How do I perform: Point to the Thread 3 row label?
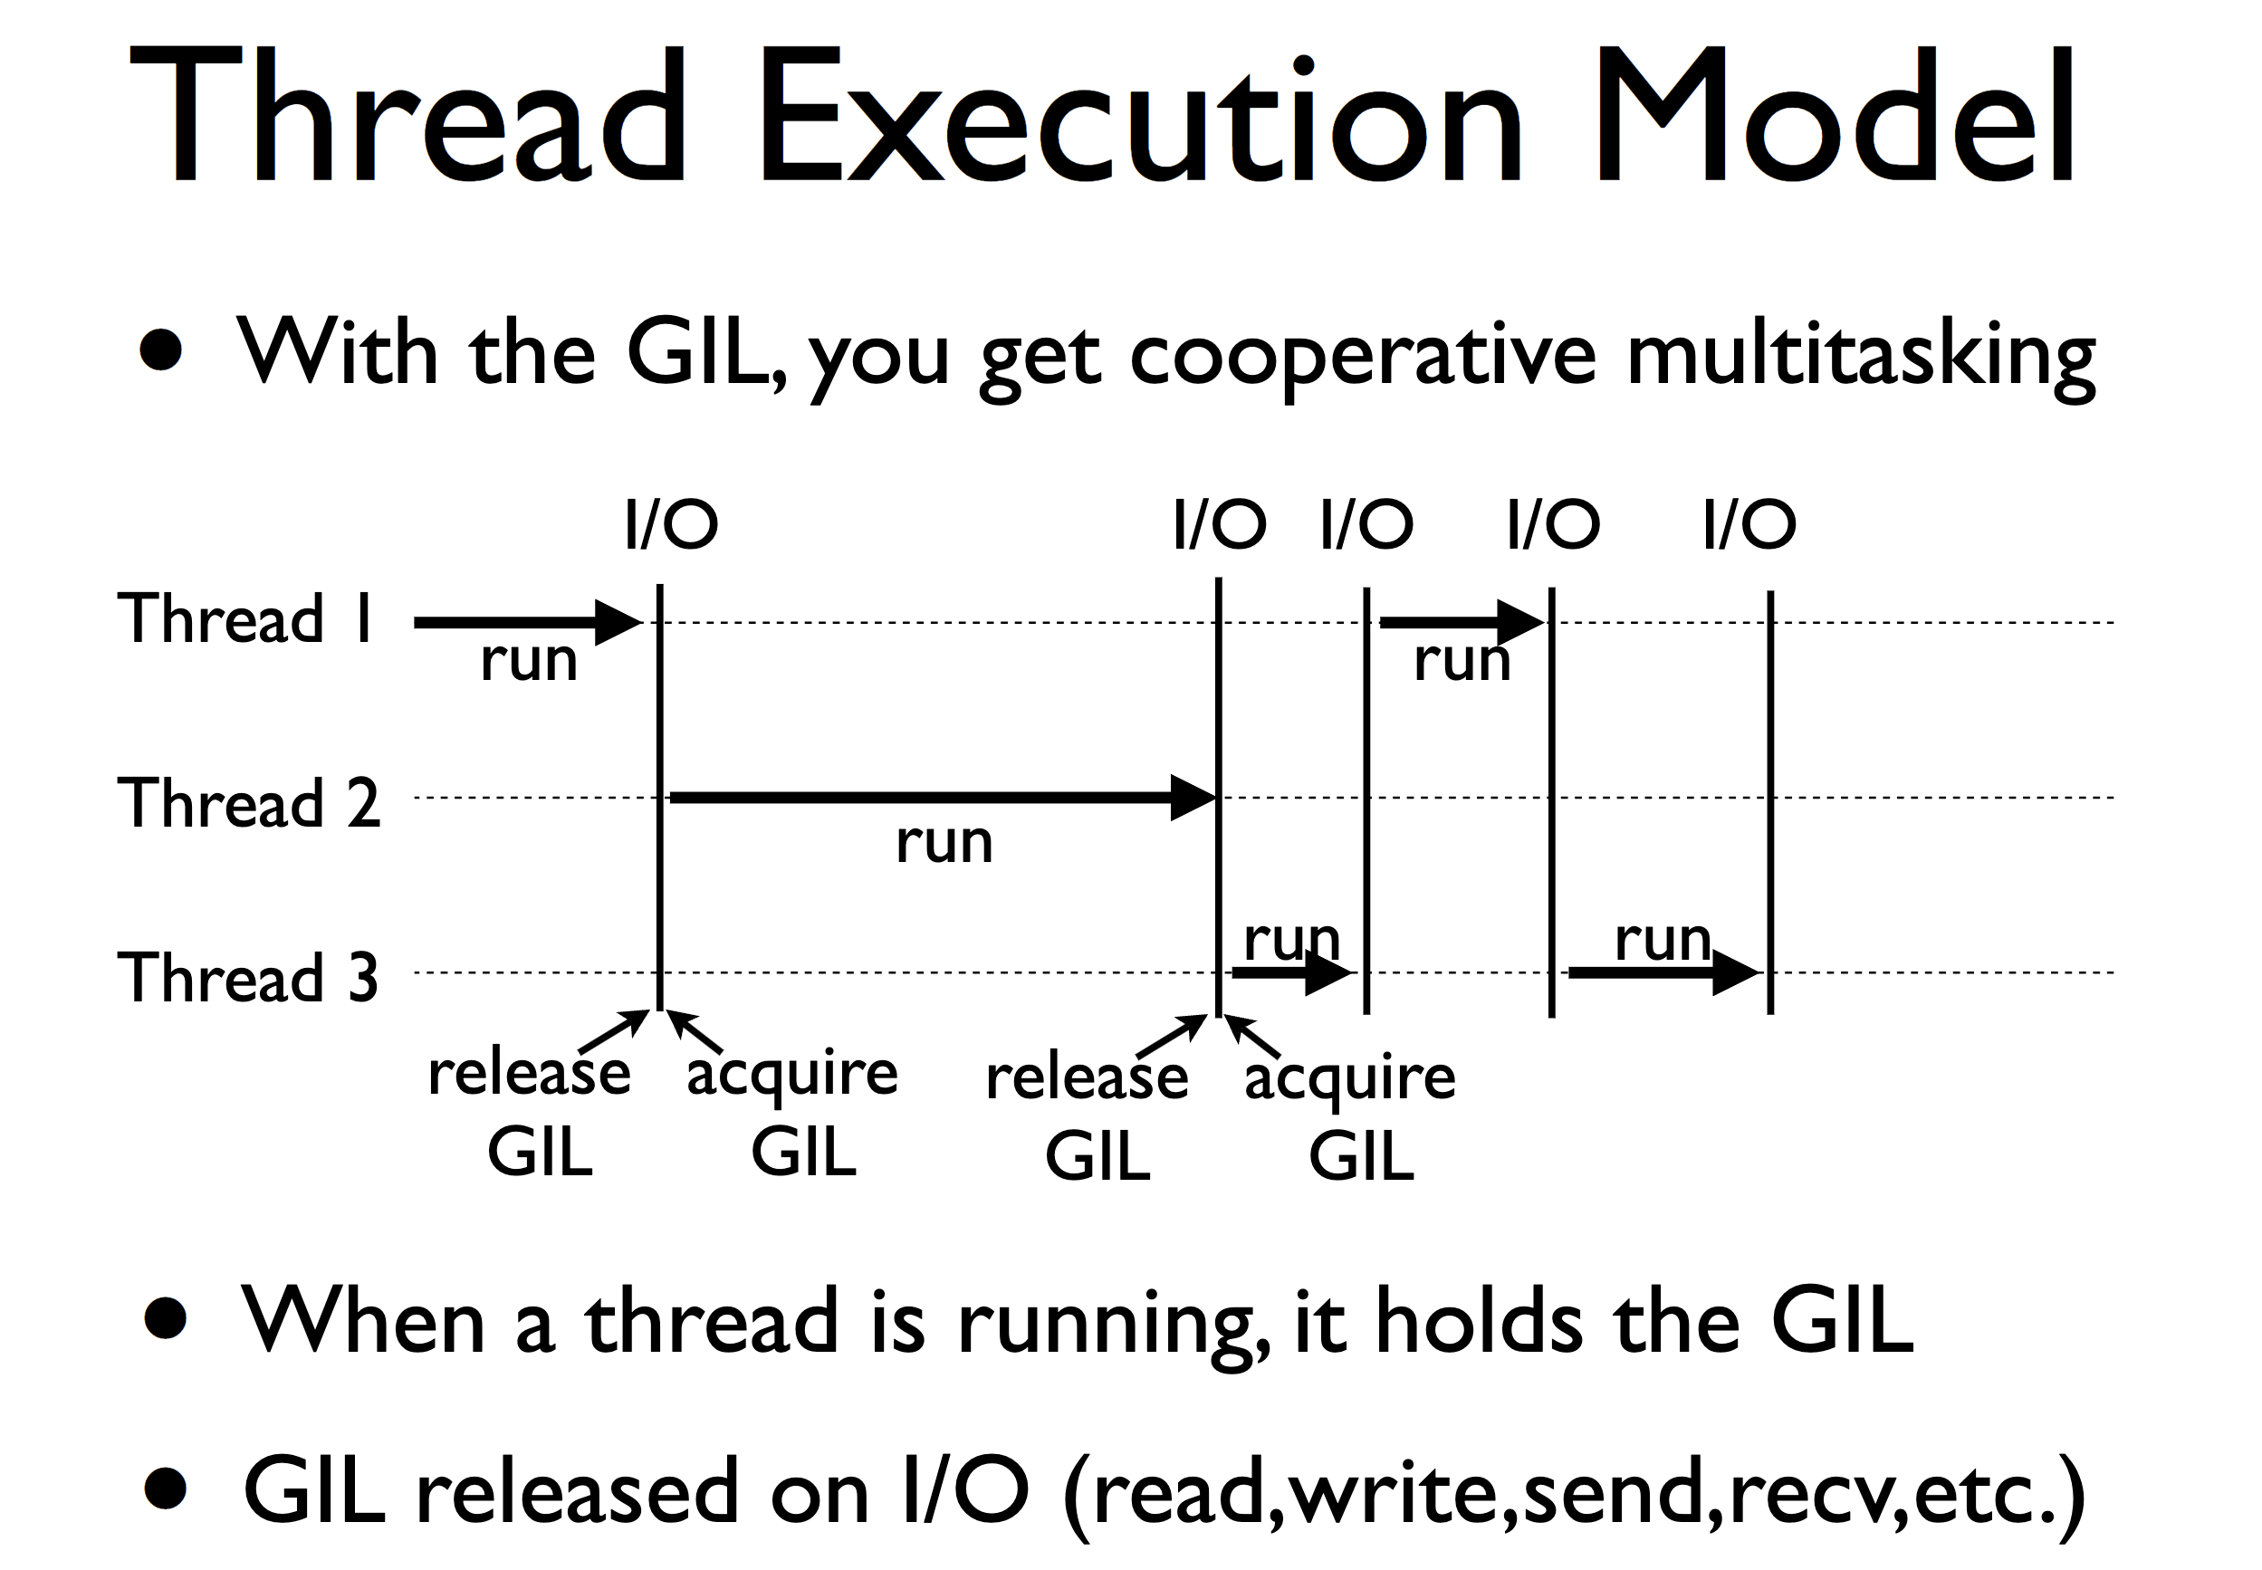(247, 977)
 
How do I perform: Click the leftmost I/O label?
(672, 523)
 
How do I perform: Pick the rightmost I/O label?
(1749, 523)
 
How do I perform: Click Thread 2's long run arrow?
(943, 797)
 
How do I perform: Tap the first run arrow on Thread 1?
(528, 622)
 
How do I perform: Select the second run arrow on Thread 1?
(1462, 622)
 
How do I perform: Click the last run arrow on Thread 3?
(1663, 973)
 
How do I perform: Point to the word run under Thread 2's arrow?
(944, 843)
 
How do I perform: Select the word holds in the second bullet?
(1480, 1319)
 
